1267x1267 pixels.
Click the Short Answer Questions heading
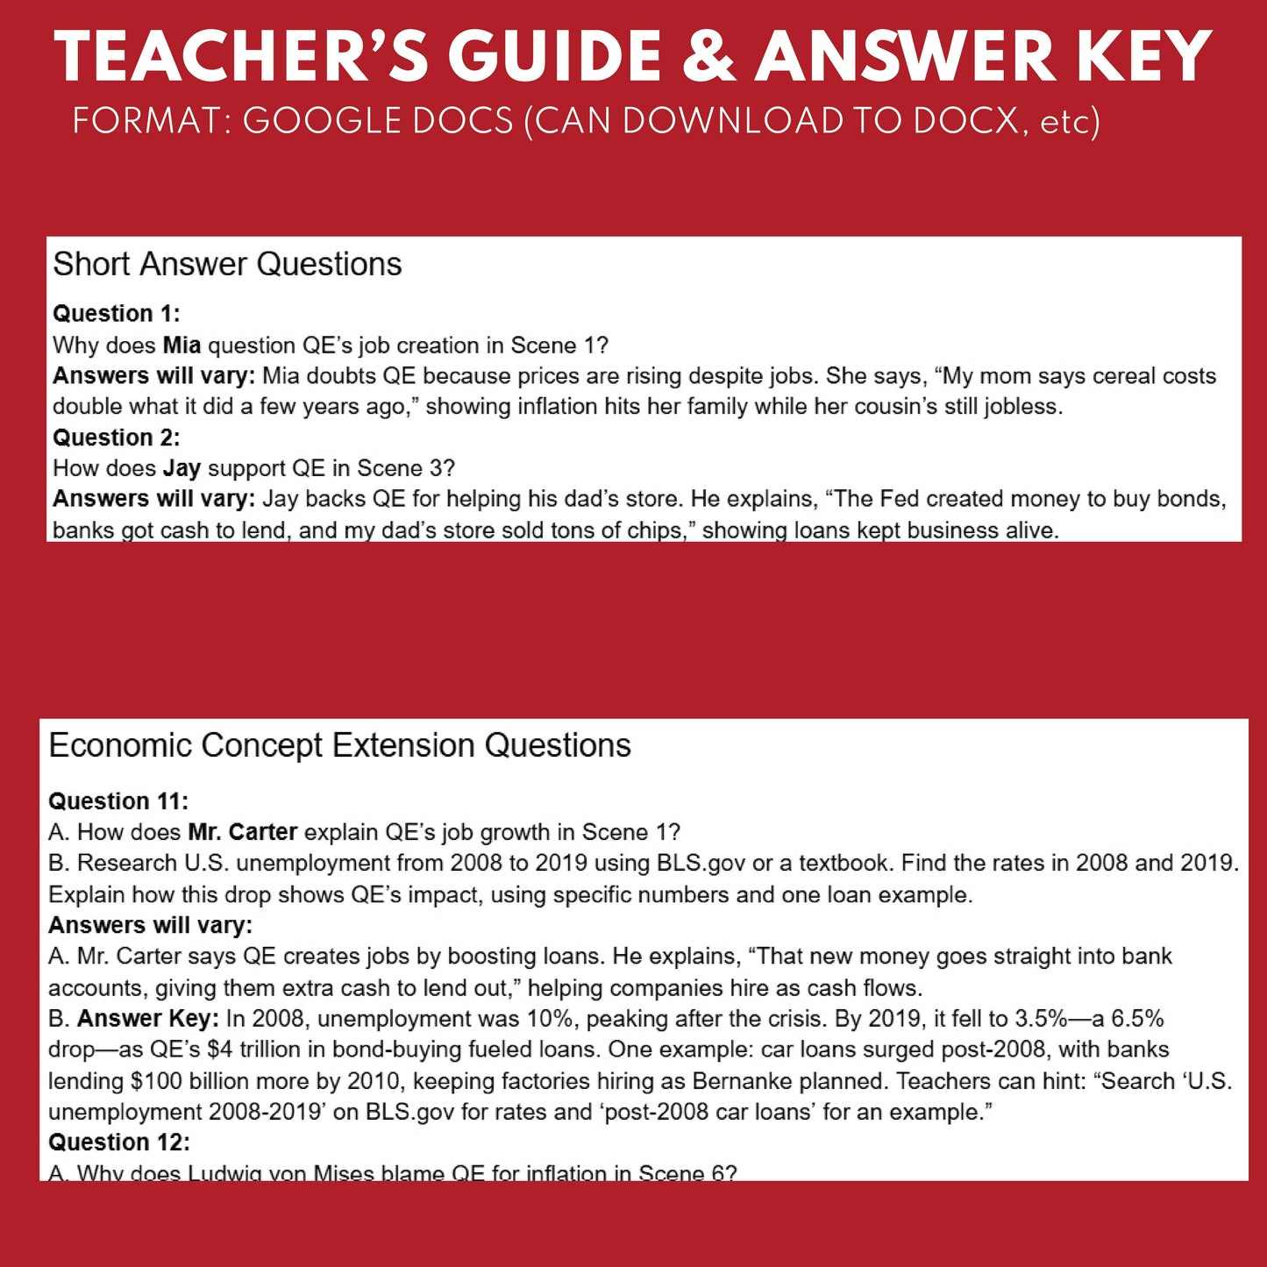[x=227, y=264]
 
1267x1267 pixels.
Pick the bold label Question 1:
[x=116, y=313]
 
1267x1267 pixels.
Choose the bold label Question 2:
[x=116, y=437]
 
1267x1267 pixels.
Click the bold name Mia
[x=182, y=345]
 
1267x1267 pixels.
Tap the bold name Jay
[x=182, y=468]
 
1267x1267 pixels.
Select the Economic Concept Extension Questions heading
[x=339, y=745]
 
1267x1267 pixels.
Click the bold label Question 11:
[x=118, y=801]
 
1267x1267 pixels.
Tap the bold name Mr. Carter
[x=242, y=832]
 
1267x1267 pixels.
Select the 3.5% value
[x=1041, y=1019]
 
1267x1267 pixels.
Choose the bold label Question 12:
[x=118, y=1142]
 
